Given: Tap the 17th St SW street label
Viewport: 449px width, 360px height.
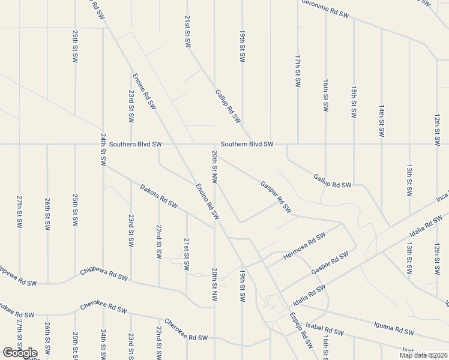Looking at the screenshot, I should pyautogui.click(x=298, y=70).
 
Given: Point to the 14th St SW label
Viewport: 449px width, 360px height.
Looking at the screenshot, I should pyautogui.click(x=381, y=120).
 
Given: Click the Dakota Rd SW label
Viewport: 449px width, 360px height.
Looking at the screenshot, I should pyautogui.click(x=159, y=196).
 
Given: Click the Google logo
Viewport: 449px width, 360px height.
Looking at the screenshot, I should pyautogui.click(x=19, y=353).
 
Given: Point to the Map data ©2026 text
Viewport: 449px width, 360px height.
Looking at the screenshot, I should pyautogui.click(x=423, y=355).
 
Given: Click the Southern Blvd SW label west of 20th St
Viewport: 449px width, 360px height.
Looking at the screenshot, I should pyautogui.click(x=131, y=144).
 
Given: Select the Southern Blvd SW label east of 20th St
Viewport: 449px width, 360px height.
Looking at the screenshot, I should pyautogui.click(x=247, y=144).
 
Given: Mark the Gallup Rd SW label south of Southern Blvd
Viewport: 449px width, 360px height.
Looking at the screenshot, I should pyautogui.click(x=332, y=181).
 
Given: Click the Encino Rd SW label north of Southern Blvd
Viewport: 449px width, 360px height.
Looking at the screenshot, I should pyautogui.click(x=144, y=91).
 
